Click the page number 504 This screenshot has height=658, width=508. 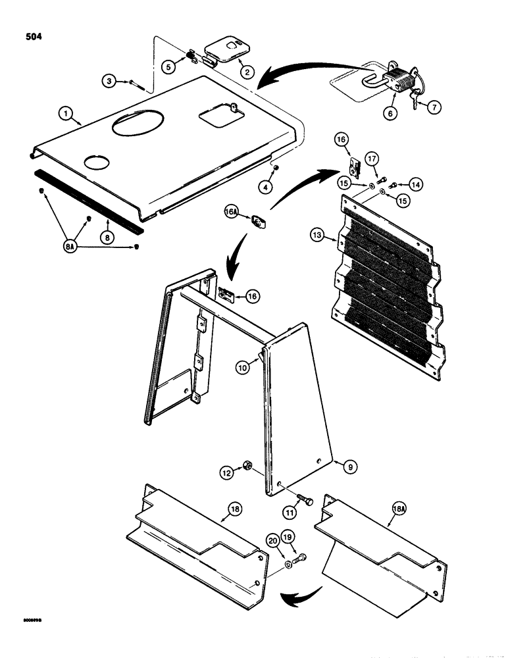point(31,37)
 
